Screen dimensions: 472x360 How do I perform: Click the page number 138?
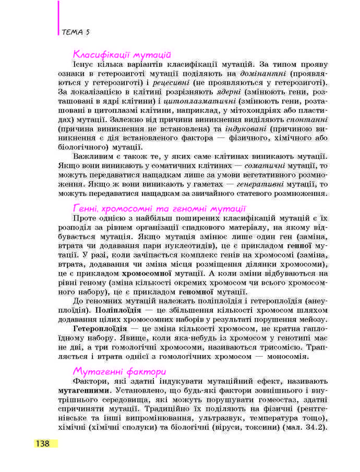click(x=43, y=443)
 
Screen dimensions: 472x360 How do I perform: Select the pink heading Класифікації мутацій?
click(x=123, y=54)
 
